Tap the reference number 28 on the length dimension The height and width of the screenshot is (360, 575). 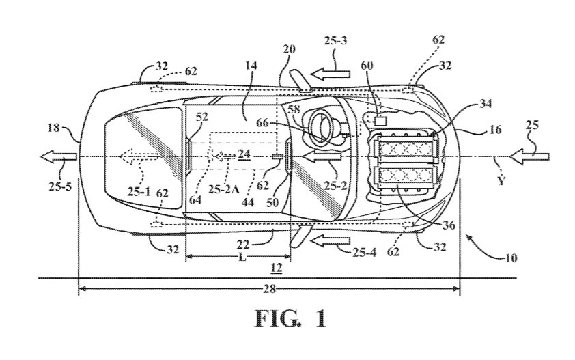(x=269, y=289)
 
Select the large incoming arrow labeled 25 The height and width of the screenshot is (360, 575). (x=531, y=157)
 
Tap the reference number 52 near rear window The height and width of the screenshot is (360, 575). (x=183, y=117)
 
